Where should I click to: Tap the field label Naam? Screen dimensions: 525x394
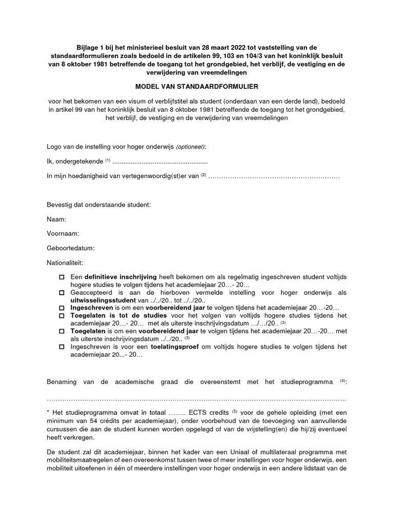[x=56, y=219]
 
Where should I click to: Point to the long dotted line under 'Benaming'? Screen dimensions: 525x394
[x=196, y=398]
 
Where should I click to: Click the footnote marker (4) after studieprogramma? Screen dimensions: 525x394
[x=343, y=380]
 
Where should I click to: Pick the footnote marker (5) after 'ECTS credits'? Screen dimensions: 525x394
[x=235, y=411]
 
